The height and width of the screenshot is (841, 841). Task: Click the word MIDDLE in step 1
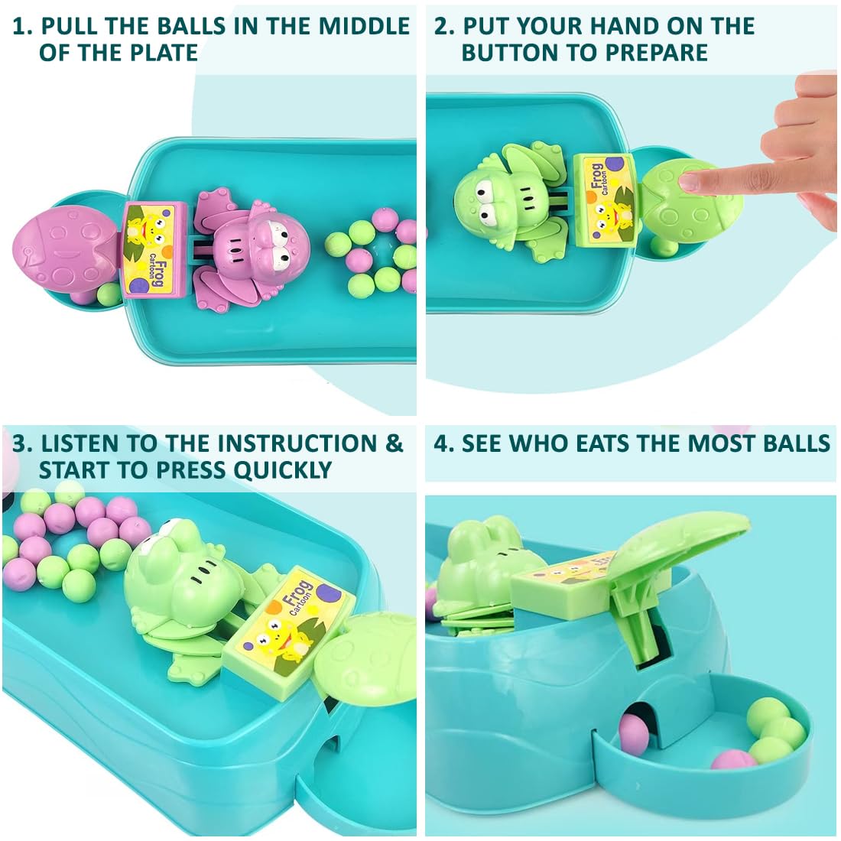365,27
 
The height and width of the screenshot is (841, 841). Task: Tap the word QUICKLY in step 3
282,470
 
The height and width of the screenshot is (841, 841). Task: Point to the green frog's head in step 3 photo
177,566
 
